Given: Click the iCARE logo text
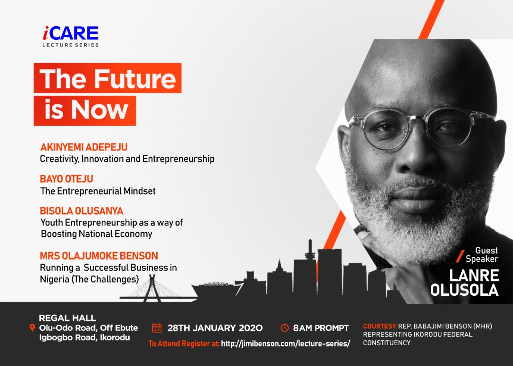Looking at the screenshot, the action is [71, 33].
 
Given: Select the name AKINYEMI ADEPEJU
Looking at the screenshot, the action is [84, 147].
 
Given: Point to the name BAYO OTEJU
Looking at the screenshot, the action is [66, 179].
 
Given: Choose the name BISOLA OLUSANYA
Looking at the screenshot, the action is [82, 211].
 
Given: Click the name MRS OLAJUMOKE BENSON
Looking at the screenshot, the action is [99, 255].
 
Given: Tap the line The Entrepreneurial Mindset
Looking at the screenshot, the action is [98, 191].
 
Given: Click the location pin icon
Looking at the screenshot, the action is [32, 328].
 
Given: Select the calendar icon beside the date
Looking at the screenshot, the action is [157, 328].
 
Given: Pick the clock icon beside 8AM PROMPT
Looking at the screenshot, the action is [285, 328].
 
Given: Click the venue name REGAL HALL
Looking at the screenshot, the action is [67, 318].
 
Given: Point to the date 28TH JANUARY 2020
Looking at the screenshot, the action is [215, 328].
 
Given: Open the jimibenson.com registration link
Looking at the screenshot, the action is [285, 344].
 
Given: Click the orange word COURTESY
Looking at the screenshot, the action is [380, 326].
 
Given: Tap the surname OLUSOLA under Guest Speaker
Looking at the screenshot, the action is [465, 290].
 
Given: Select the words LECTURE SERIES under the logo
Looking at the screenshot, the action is [70, 45].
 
